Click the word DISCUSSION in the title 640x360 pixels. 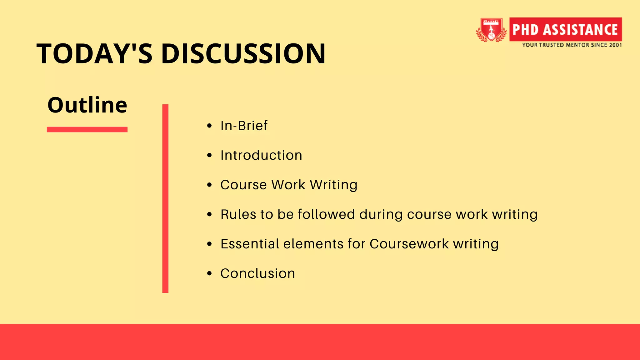[x=243, y=54]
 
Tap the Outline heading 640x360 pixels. [x=87, y=105]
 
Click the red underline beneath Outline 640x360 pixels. [x=87, y=129]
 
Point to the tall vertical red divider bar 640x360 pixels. [x=165, y=198]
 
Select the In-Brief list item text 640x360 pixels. [x=244, y=126]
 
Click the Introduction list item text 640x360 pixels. [x=261, y=155]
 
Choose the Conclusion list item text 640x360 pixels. [x=257, y=273]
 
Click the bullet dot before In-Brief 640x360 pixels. [x=209, y=126]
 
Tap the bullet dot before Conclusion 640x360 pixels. [x=209, y=274]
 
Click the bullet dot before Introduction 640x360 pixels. [x=209, y=155]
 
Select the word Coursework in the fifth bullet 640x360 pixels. [x=409, y=244]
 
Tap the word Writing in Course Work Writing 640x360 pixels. [x=333, y=185]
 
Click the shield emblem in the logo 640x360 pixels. [x=491, y=30]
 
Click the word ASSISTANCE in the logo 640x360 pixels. [x=580, y=30]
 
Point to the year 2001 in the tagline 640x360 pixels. [x=615, y=45]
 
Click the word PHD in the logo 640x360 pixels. [x=526, y=30]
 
